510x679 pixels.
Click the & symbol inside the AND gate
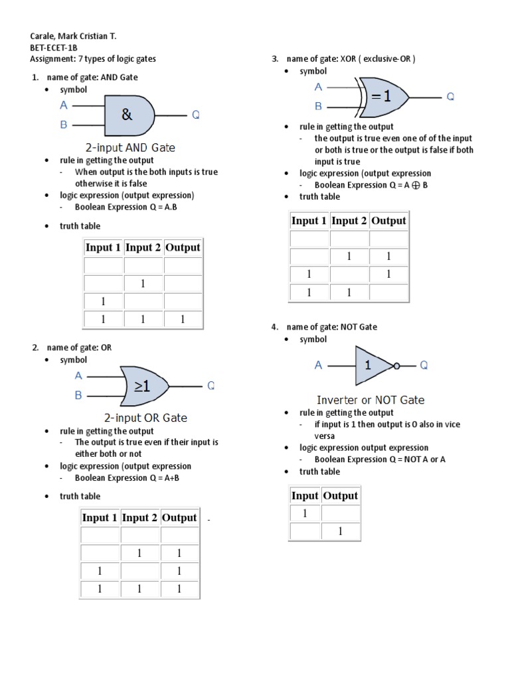[x=127, y=115]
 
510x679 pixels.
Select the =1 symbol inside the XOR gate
[x=381, y=97]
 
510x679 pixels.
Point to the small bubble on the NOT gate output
[x=396, y=365]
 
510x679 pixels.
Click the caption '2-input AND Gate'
[x=131, y=147]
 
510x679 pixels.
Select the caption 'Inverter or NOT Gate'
[x=371, y=400]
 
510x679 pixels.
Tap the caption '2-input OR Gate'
[x=146, y=418]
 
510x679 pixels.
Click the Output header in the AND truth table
[x=183, y=247]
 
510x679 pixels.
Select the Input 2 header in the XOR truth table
[x=349, y=221]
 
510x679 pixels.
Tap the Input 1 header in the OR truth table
[x=100, y=517]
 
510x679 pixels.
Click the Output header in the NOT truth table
[x=340, y=495]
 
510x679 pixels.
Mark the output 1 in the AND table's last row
[x=183, y=320]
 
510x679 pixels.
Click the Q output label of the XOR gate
[x=450, y=97]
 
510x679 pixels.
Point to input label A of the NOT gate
[x=319, y=365]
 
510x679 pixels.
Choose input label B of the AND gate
[x=64, y=124]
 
